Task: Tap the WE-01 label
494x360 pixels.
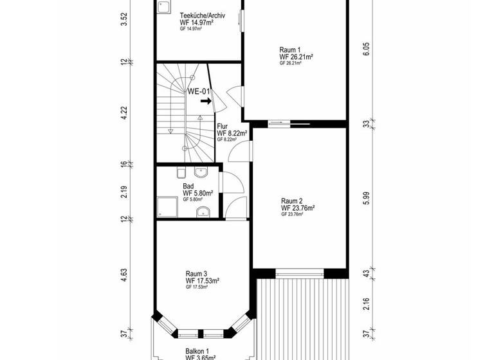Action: pyautogui.click(x=199, y=91)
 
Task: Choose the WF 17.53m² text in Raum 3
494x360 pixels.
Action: pyautogui.click(x=203, y=281)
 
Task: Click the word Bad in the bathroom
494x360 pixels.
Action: pyautogui.click(x=188, y=186)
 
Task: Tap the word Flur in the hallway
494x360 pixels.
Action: pyautogui.click(x=223, y=127)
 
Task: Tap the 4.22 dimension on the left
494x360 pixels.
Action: pyautogui.click(x=125, y=113)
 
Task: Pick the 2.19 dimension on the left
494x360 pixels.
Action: pyautogui.click(x=125, y=192)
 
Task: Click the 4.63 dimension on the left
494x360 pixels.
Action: pyautogui.click(x=125, y=275)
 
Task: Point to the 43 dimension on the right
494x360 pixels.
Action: pyautogui.click(x=366, y=273)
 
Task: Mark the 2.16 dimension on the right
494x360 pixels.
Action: pyautogui.click(x=366, y=304)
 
